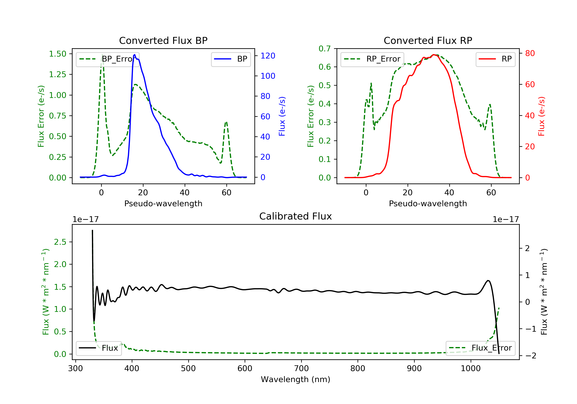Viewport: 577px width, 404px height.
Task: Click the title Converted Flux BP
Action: [x=163, y=40]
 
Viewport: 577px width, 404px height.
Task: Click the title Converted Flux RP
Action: [x=428, y=40]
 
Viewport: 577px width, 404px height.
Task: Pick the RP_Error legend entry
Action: [x=372, y=59]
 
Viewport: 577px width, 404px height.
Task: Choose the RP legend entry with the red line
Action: [x=495, y=59]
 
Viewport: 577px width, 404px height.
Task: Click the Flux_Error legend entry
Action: [x=480, y=348]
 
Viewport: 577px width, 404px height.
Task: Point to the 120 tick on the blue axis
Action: [x=268, y=56]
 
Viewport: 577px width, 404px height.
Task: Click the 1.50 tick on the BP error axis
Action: [x=58, y=54]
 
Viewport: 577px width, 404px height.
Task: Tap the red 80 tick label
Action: [x=530, y=53]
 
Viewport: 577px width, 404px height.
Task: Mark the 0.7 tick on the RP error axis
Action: [x=324, y=48]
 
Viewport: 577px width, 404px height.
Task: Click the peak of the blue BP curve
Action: [x=135, y=55]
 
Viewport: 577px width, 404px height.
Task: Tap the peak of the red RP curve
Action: [x=434, y=55]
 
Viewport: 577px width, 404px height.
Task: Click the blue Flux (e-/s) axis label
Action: [x=282, y=116]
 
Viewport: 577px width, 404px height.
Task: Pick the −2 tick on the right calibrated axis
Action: [x=530, y=356]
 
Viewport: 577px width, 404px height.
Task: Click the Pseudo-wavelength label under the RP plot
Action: [x=428, y=203]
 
